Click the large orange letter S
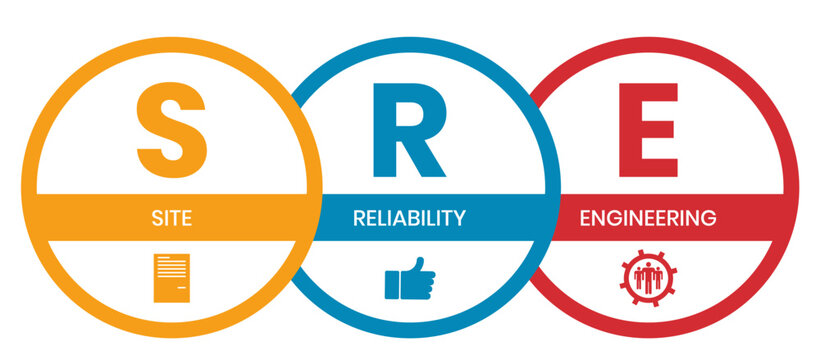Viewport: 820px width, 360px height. [x=172, y=130]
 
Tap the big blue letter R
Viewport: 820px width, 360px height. [x=409, y=130]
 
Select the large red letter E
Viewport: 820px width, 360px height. [x=648, y=130]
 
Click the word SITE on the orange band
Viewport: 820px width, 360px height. [x=172, y=218]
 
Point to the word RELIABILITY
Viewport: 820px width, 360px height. [x=409, y=218]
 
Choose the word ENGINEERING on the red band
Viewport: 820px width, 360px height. [x=648, y=218]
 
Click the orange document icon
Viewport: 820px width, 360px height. [x=172, y=278]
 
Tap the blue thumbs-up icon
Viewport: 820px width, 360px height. [x=409, y=278]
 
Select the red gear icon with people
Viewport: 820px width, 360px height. [x=648, y=277]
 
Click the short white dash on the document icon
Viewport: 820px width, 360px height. [x=181, y=288]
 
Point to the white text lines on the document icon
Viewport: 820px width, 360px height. [x=172, y=267]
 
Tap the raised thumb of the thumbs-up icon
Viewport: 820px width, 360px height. [x=417, y=265]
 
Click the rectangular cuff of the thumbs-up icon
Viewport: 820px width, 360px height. [x=392, y=285]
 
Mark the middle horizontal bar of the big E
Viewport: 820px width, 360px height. [x=646, y=129]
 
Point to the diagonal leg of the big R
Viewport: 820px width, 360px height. [x=425, y=157]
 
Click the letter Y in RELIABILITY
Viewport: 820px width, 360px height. [x=459, y=218]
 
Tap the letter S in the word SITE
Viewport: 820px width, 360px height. [x=157, y=218]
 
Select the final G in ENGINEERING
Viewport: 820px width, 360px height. [x=709, y=218]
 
